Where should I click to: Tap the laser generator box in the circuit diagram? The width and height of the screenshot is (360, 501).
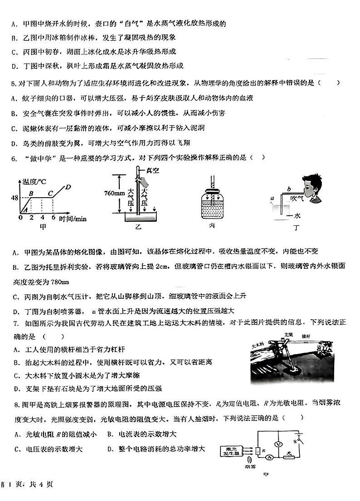232,451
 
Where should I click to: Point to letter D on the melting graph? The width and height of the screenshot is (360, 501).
68,187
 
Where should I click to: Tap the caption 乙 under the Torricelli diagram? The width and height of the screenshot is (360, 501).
139,228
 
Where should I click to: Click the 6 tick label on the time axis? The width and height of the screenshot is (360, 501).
53,218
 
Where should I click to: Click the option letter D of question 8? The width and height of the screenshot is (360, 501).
110,449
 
